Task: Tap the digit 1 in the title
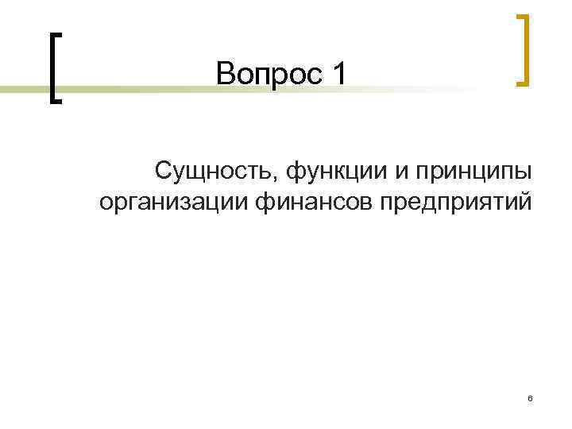click(x=340, y=75)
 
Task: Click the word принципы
click(x=471, y=172)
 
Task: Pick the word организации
click(x=176, y=202)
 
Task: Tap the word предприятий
click(x=455, y=203)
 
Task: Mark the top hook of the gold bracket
click(x=522, y=16)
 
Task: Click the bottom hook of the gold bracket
click(x=522, y=82)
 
